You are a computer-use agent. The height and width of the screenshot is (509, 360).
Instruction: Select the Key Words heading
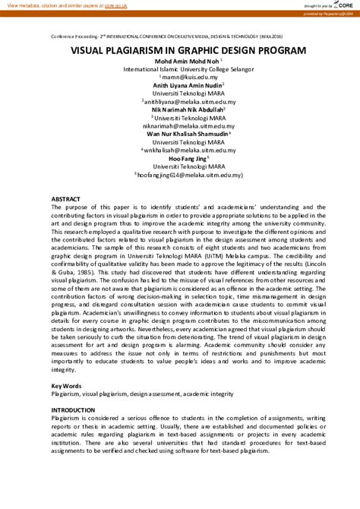coord(66,387)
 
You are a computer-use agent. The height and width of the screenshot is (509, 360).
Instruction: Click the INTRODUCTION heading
coord(73,410)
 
